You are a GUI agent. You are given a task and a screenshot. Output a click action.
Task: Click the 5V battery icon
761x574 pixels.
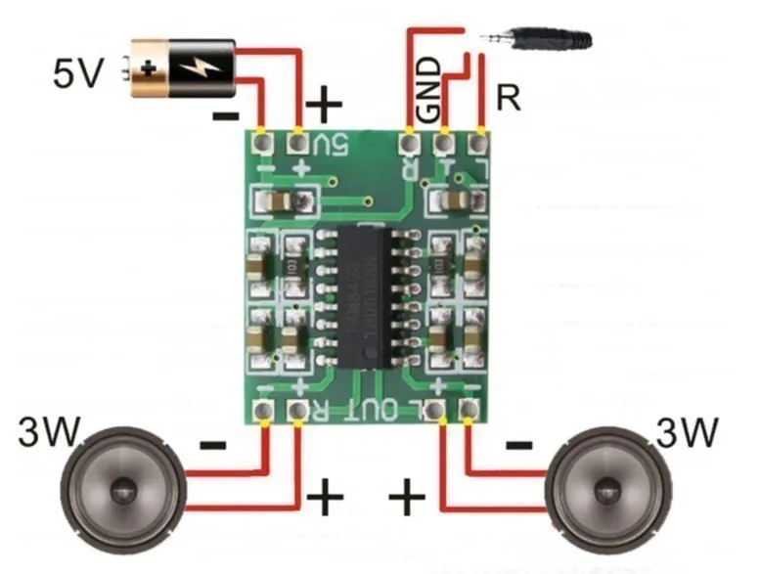(182, 68)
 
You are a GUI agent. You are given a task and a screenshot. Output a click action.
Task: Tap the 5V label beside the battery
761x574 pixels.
(77, 72)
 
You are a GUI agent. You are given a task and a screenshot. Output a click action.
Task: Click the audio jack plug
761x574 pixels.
(537, 40)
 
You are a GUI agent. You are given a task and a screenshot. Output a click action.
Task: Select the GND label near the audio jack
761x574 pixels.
(428, 89)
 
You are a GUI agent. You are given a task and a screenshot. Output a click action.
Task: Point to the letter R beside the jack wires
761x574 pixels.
(508, 98)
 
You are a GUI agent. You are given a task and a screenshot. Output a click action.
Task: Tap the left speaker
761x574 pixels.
(122, 483)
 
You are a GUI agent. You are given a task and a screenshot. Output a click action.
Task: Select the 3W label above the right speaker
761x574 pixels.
(687, 431)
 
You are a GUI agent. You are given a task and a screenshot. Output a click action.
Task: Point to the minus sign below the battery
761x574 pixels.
(225, 116)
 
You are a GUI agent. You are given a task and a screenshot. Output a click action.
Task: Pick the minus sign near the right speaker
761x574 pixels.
(518, 446)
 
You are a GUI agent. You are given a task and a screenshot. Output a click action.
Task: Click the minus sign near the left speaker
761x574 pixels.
(212, 446)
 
